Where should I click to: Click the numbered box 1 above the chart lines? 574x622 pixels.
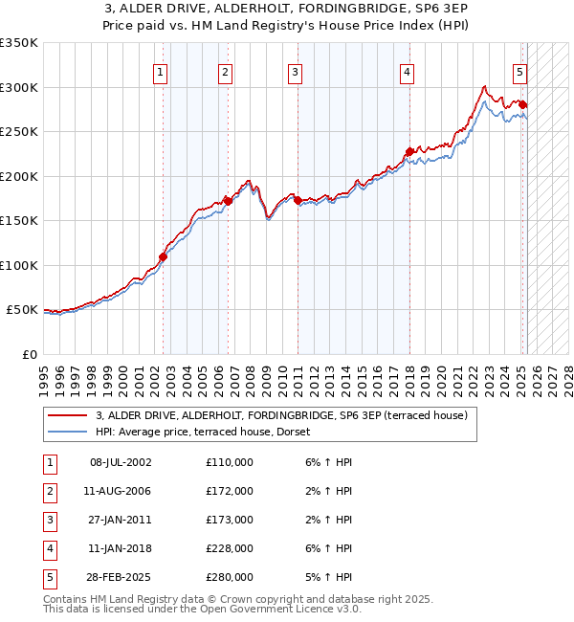tap(160, 72)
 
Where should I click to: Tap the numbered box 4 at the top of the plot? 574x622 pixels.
tap(407, 72)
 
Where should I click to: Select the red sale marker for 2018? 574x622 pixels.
tap(409, 151)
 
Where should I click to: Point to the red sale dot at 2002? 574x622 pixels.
tap(164, 256)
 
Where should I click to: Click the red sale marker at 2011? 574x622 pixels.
tap(298, 200)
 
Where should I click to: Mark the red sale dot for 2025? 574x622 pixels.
tap(523, 104)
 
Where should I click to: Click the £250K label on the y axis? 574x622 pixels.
tap(19, 132)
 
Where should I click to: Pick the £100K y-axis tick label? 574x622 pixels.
tap(19, 265)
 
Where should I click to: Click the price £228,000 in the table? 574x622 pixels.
tap(230, 548)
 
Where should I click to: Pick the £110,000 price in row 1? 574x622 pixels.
tap(230, 462)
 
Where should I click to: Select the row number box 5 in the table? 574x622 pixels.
tap(49, 577)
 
